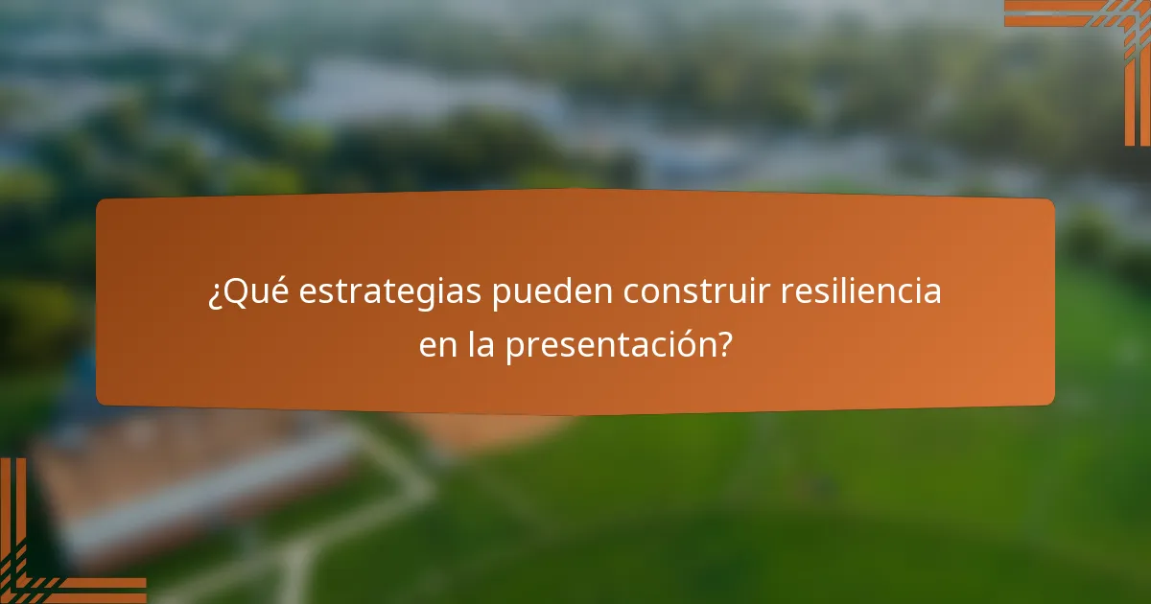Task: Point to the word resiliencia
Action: [x=860, y=291]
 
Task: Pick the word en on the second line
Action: [x=438, y=344]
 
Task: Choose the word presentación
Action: [x=610, y=344]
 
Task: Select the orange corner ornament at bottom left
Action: [x=38, y=566]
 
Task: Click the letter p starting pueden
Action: [x=502, y=295]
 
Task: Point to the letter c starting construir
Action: [x=632, y=293]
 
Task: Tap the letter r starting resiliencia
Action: [x=787, y=293]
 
